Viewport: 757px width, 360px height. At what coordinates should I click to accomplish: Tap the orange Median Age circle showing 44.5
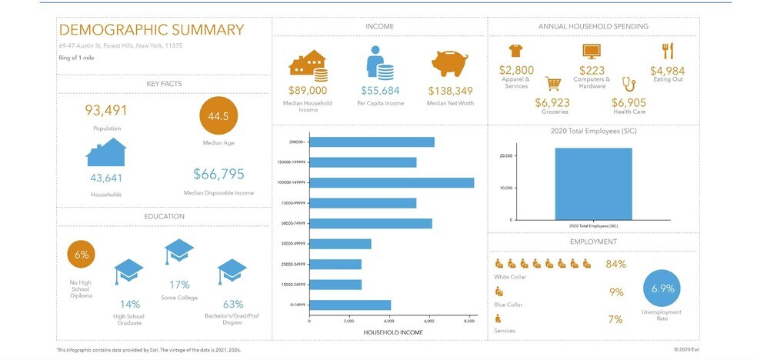click(218, 116)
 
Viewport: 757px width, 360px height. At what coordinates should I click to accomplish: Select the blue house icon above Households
click(106, 152)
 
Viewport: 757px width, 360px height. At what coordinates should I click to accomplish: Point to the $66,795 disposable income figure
click(218, 174)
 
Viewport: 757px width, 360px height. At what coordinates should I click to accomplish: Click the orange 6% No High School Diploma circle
click(82, 255)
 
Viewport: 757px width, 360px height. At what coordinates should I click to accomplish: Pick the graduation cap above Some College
click(178, 252)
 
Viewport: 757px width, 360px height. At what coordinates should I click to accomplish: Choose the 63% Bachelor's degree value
click(232, 304)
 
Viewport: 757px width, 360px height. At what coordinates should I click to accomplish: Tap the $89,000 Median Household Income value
click(308, 90)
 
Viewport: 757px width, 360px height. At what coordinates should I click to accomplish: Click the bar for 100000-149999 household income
click(392, 182)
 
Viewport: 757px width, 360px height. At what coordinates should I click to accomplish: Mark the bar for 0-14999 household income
click(350, 305)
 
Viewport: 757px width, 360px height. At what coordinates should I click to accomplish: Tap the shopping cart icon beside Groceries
click(552, 83)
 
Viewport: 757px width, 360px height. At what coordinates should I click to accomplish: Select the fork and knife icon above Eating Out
click(667, 51)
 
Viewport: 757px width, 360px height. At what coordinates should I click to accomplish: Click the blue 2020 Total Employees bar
click(593, 184)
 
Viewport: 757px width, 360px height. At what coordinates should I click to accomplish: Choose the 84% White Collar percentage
click(615, 264)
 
